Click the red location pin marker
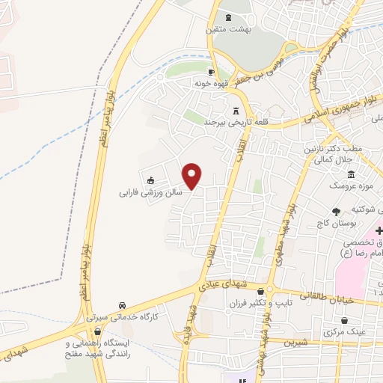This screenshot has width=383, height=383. tap(193, 175)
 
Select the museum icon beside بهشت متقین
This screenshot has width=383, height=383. tap(228, 17)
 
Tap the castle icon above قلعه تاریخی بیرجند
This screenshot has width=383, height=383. tap(237, 110)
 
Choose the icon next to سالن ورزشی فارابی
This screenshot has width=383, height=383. tap(150, 180)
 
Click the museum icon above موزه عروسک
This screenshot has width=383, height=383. tap(351, 174)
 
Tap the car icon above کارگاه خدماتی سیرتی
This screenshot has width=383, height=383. tap(122, 305)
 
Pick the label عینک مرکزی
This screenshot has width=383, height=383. tap(346, 330)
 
